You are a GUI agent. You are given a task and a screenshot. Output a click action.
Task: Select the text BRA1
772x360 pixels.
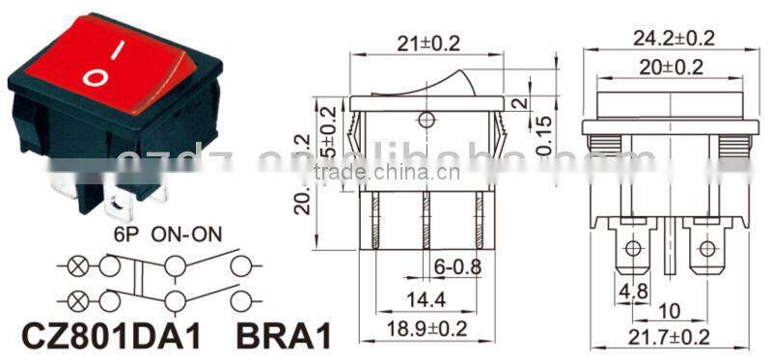[285, 336]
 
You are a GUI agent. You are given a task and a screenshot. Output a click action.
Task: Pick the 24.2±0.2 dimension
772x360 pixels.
[673, 40]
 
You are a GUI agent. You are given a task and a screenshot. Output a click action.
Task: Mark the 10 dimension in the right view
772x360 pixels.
[671, 311]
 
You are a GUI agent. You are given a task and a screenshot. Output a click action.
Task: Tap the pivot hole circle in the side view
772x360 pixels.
[425, 121]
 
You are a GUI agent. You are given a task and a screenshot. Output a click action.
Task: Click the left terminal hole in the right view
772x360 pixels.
[633, 249]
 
